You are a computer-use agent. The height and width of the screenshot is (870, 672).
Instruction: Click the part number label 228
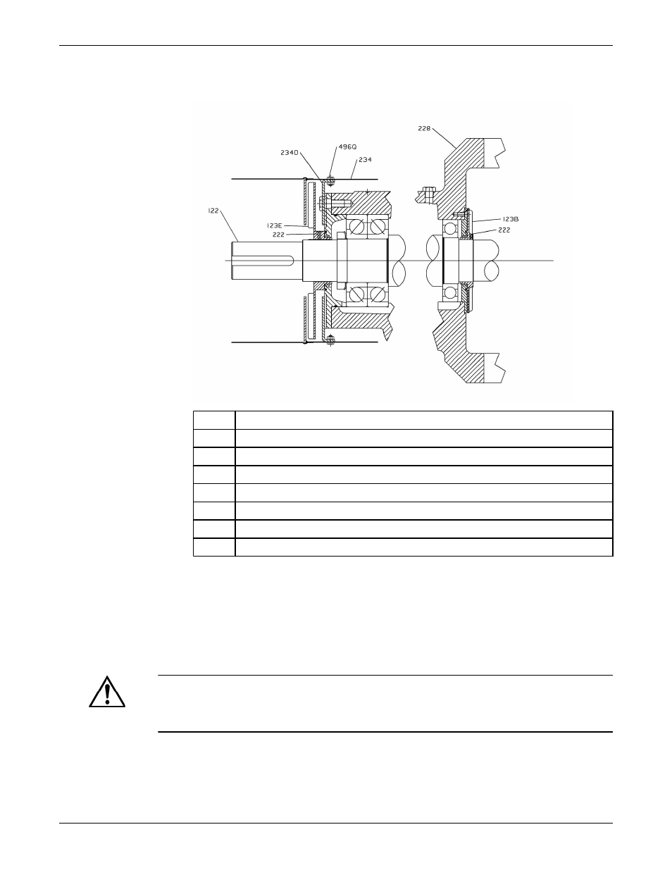click(x=424, y=128)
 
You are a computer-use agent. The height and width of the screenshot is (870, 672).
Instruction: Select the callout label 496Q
click(x=347, y=147)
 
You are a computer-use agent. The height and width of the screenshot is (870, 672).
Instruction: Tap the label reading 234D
click(x=290, y=153)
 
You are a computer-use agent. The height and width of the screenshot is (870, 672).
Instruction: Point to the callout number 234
click(x=365, y=160)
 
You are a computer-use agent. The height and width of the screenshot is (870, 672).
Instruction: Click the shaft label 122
click(x=213, y=211)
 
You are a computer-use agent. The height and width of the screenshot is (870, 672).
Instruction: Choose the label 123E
click(x=275, y=226)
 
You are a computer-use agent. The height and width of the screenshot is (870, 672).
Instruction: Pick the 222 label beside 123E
click(x=278, y=235)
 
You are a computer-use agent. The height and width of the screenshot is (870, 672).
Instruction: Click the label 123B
click(x=511, y=219)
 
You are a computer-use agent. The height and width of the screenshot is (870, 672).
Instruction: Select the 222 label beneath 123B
click(x=504, y=230)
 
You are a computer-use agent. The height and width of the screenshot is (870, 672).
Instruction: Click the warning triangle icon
click(x=107, y=692)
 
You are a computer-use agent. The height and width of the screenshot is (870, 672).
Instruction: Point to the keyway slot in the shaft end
click(x=263, y=261)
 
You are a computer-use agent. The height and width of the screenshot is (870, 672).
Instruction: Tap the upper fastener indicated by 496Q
click(x=330, y=181)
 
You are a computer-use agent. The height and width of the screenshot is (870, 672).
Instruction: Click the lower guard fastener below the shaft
click(x=330, y=340)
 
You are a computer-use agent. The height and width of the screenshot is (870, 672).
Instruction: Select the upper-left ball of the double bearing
click(x=356, y=227)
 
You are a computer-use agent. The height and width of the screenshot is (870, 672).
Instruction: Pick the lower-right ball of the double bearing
click(x=377, y=295)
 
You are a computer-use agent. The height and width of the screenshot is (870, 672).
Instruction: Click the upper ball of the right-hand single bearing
click(x=450, y=229)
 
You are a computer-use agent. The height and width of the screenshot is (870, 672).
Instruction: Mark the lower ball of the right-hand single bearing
click(x=450, y=292)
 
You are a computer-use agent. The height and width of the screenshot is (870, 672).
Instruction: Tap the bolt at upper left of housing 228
click(x=427, y=195)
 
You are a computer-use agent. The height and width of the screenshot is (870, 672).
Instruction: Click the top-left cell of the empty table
click(x=214, y=420)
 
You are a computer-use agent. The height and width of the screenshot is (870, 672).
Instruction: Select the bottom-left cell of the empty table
click(x=214, y=547)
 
